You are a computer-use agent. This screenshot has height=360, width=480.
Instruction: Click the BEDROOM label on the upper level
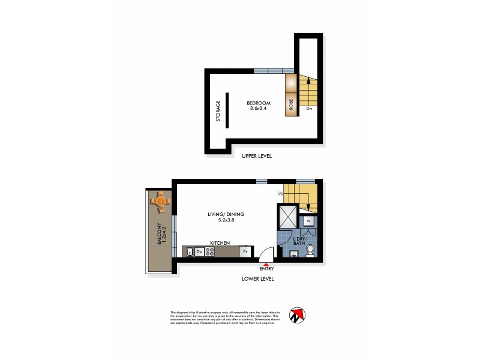click(259, 103)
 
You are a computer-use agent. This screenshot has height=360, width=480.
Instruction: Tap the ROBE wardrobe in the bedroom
click(290, 103)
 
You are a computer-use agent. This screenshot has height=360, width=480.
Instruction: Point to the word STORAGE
click(218, 111)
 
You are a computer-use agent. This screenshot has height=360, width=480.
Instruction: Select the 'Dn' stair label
click(309, 109)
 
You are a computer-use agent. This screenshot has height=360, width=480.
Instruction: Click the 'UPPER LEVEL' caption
click(256, 156)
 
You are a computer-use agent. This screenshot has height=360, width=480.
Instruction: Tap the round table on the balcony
click(161, 201)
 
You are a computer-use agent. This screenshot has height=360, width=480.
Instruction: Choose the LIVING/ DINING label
click(226, 214)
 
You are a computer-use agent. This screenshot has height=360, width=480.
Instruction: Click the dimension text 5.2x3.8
click(226, 220)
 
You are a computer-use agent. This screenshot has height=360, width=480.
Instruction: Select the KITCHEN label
click(220, 242)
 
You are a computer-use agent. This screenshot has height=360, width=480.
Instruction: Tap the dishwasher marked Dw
click(199, 252)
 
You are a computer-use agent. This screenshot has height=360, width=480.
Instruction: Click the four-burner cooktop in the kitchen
click(211, 252)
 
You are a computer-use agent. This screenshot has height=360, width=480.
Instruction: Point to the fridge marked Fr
click(245, 252)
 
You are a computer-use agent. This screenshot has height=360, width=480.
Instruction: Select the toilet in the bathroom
click(310, 251)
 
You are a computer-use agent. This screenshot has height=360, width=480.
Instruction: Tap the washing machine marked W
click(308, 221)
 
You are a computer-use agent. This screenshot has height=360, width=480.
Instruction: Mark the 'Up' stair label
click(280, 193)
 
